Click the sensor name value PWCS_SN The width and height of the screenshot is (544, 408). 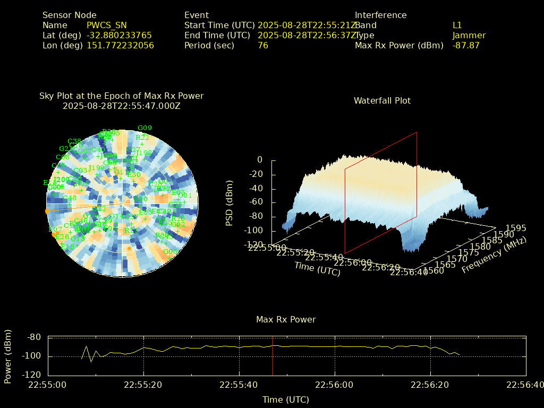click(x=107, y=25)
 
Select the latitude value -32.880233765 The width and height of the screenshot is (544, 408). click(x=119, y=35)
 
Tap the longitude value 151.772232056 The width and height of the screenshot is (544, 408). click(x=120, y=45)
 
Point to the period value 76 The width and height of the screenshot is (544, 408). click(x=263, y=45)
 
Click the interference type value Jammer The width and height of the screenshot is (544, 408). click(x=469, y=35)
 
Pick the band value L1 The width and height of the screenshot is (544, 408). click(x=457, y=25)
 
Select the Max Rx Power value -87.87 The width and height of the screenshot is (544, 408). click(x=466, y=45)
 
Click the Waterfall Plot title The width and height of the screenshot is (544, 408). click(x=382, y=100)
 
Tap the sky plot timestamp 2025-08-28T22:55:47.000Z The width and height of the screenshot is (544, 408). click(x=122, y=106)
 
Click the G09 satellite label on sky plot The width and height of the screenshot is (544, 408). click(x=144, y=127)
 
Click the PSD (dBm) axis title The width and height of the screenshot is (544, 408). click(x=229, y=202)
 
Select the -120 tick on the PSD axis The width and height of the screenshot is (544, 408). click(x=254, y=245)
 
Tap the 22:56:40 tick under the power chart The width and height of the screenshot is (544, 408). click(x=526, y=384)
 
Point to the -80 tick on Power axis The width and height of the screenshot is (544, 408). click(x=34, y=337)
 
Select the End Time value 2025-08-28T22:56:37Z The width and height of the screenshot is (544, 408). click(x=307, y=35)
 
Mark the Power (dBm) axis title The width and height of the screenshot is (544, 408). click(x=8, y=355)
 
